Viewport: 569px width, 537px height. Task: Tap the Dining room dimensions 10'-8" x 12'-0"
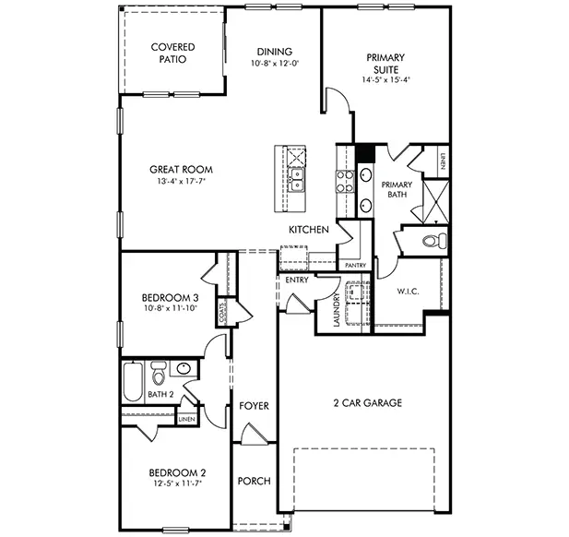pyautogui.click(x=275, y=64)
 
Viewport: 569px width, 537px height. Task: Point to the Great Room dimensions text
pyautogui.click(x=182, y=182)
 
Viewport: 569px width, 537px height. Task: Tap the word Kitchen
pyautogui.click(x=309, y=229)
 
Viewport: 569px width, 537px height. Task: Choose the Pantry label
pyautogui.click(x=355, y=266)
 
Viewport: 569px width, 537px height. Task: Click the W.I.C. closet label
pyautogui.click(x=409, y=292)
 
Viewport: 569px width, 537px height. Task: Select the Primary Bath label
pyautogui.click(x=397, y=190)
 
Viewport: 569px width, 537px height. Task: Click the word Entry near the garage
pyautogui.click(x=297, y=280)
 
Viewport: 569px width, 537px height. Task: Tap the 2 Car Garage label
pyautogui.click(x=367, y=403)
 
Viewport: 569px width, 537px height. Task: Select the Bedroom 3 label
pyautogui.click(x=170, y=298)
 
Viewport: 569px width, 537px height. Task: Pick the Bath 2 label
pyautogui.click(x=161, y=395)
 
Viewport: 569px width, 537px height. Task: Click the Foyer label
pyautogui.click(x=254, y=406)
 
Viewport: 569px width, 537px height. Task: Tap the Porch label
pyautogui.click(x=254, y=482)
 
